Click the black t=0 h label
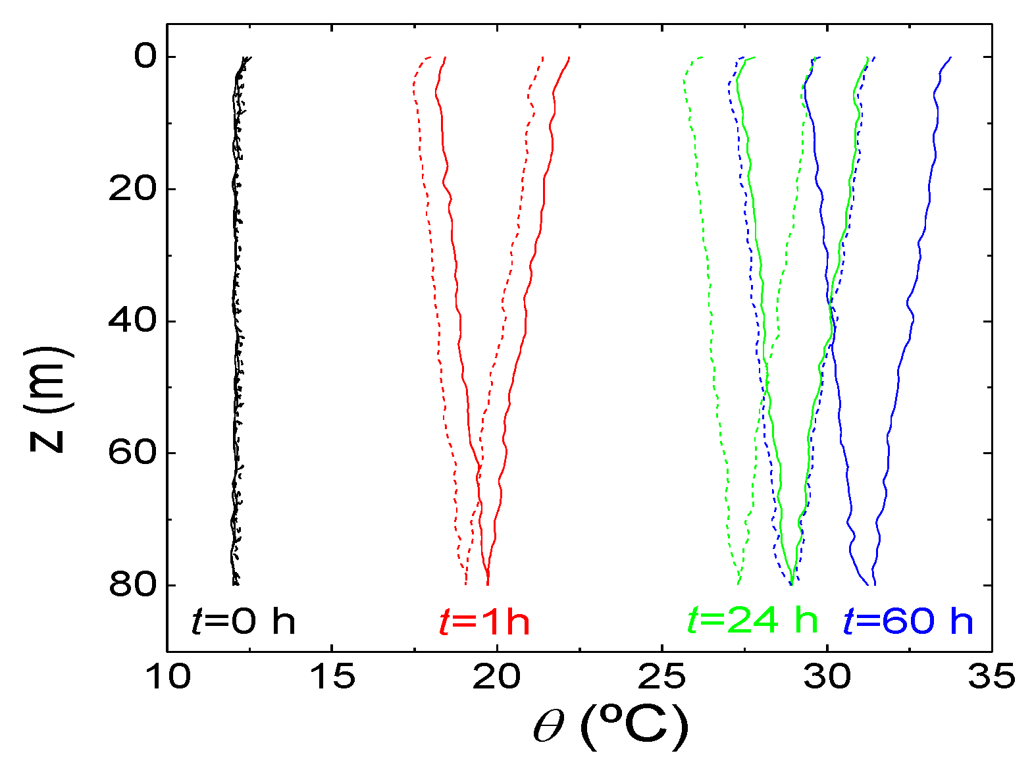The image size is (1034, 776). click(x=243, y=621)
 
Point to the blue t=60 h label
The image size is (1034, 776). click(x=908, y=621)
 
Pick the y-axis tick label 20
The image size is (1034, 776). click(x=132, y=189)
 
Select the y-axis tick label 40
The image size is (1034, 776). click(x=132, y=321)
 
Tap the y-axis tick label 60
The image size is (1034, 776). click(x=132, y=453)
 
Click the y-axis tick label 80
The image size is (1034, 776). click(x=132, y=585)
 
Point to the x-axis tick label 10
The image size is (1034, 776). click(x=168, y=677)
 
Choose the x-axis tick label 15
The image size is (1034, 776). click(x=332, y=677)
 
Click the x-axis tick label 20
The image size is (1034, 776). click(x=498, y=677)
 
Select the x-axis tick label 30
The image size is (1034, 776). click(x=827, y=677)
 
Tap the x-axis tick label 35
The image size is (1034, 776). click(x=991, y=677)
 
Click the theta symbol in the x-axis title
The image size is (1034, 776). click(x=549, y=728)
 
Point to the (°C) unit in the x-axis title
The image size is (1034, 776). click(x=634, y=727)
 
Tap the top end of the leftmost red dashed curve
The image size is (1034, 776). click(x=430, y=57)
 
